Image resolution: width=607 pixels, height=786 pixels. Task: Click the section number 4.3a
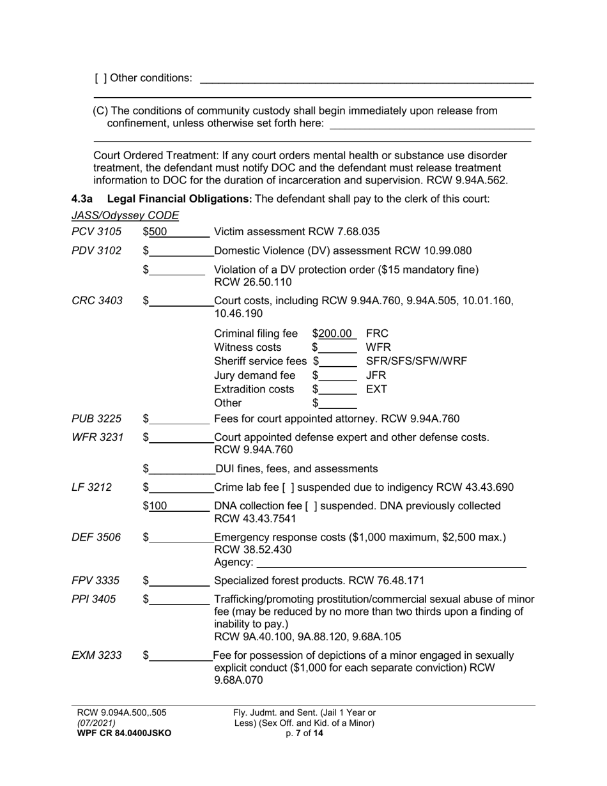pos(82,199)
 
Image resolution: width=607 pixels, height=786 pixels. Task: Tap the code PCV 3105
pos(91,231)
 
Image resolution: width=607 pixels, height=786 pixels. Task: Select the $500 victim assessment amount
pos(157,231)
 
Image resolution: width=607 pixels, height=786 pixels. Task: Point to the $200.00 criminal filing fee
pos(335,334)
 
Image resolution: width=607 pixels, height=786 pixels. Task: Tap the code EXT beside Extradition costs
pos(376,389)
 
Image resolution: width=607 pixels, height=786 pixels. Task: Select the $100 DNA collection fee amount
pos(157,506)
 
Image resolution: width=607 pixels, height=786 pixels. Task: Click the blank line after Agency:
pos(390,563)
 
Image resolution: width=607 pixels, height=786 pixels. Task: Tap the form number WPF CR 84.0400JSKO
pos(124,734)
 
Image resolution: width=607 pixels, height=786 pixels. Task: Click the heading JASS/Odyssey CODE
pos(125,215)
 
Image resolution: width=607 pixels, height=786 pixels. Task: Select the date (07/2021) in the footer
pos(96,723)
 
